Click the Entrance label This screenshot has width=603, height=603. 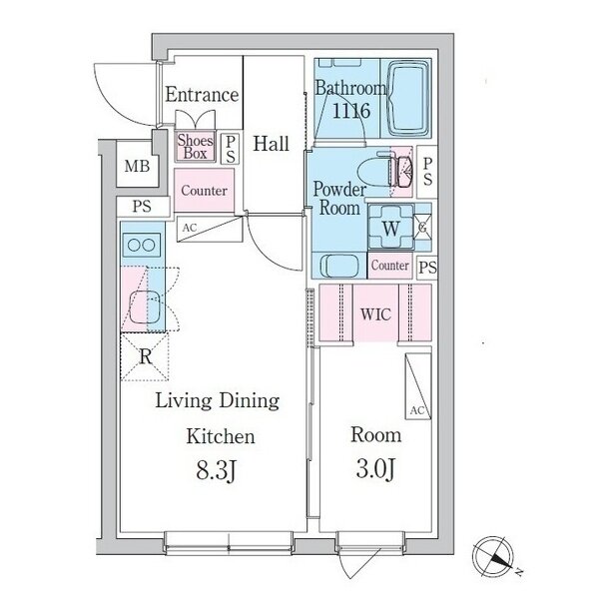coord(202,95)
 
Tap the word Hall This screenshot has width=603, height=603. coord(272,144)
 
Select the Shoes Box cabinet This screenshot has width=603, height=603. coord(195,147)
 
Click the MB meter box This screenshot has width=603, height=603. coord(138,166)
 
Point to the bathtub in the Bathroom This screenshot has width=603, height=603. coord(408,98)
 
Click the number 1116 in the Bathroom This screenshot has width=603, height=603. coord(350,111)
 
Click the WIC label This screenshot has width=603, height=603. coord(375,314)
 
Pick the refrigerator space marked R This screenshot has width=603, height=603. coord(145,356)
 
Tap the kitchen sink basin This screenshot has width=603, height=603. coord(144,307)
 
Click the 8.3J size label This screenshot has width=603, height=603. coord(216,470)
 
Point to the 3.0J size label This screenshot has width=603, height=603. coord(375,469)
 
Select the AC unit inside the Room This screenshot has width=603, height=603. coord(417,386)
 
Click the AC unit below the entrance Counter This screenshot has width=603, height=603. coord(210,229)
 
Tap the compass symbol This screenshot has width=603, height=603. coord(493,555)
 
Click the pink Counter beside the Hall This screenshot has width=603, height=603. coord(204,190)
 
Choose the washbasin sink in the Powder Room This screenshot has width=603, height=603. coord(339,266)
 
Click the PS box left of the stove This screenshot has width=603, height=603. coord(143,207)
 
